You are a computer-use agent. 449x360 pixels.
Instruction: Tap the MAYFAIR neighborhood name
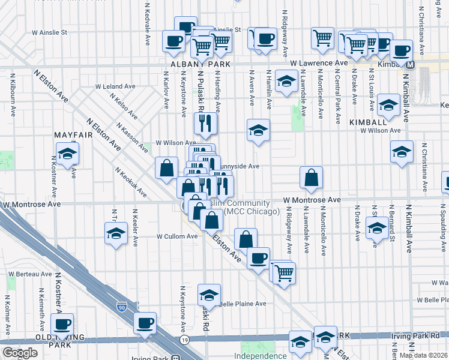click(x=72, y=136)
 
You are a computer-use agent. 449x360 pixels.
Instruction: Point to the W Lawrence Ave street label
click(x=319, y=62)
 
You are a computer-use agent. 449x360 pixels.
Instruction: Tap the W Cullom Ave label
click(x=177, y=236)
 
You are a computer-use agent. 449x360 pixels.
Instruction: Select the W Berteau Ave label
click(x=30, y=274)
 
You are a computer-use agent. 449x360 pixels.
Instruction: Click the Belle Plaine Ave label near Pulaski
click(x=243, y=304)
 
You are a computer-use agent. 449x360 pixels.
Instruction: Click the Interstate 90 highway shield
click(x=122, y=307)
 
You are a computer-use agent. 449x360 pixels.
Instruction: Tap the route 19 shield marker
click(x=184, y=340)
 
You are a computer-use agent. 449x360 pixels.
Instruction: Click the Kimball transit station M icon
click(x=410, y=64)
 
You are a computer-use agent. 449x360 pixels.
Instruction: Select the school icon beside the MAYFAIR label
click(x=67, y=154)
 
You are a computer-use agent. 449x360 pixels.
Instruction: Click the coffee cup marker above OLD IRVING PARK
click(x=62, y=325)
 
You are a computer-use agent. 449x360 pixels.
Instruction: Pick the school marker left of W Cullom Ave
click(x=115, y=233)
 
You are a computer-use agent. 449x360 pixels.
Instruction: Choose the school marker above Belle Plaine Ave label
click(x=209, y=295)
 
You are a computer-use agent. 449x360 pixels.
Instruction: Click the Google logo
click(x=20, y=353)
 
